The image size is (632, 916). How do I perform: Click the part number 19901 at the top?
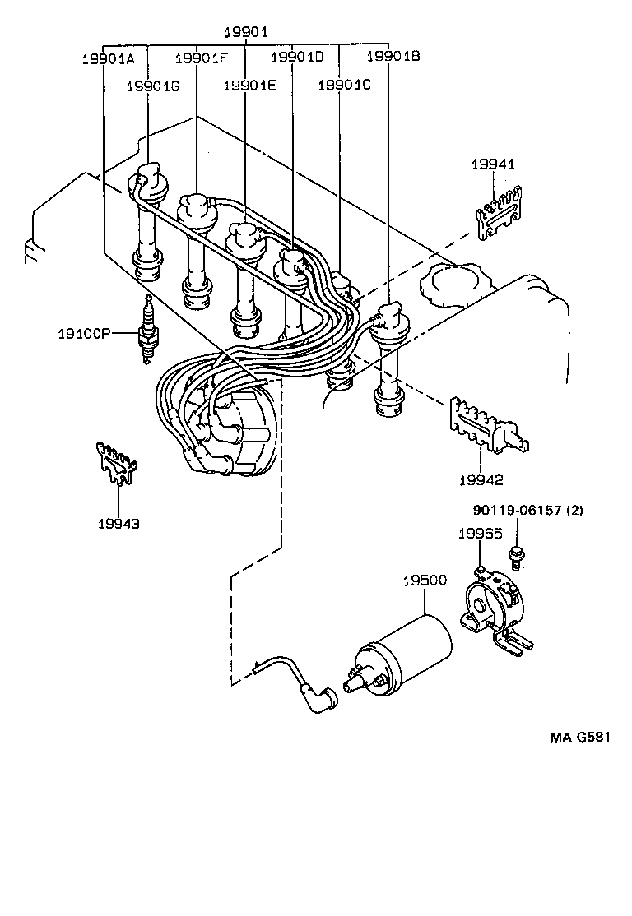[247, 32]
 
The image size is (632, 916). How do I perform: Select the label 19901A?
[108, 58]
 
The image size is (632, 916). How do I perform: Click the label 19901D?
[297, 57]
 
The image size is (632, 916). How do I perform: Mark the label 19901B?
[393, 57]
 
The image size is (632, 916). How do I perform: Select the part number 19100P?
[85, 334]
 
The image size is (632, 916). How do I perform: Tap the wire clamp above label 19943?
[114, 464]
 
